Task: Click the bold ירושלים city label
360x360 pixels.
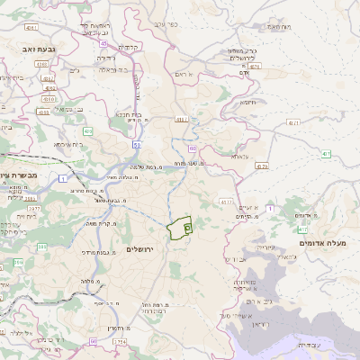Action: click(143, 248)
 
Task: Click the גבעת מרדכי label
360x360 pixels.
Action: click(99, 255)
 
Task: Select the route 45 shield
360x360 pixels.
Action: click(103, 43)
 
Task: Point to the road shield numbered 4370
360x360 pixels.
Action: click(262, 166)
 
